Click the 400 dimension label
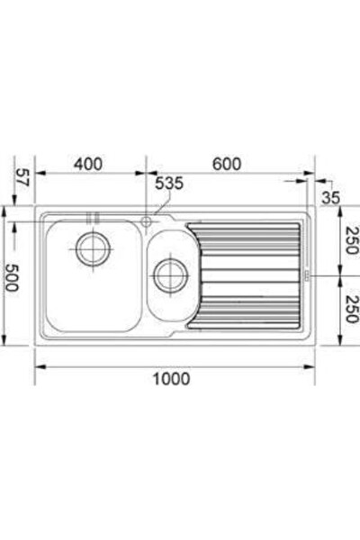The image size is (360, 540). [x=88, y=164]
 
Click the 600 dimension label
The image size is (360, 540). [x=227, y=164]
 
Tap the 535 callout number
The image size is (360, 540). [x=169, y=184]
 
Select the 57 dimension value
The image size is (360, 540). [x=22, y=177]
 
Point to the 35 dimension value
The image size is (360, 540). [x=330, y=198]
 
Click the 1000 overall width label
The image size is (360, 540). [x=171, y=379]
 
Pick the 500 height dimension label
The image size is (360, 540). [x=12, y=277]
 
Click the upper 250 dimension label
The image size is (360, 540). [x=351, y=239]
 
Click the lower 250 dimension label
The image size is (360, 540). [x=351, y=309]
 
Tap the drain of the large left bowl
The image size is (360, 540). [x=93, y=249]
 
